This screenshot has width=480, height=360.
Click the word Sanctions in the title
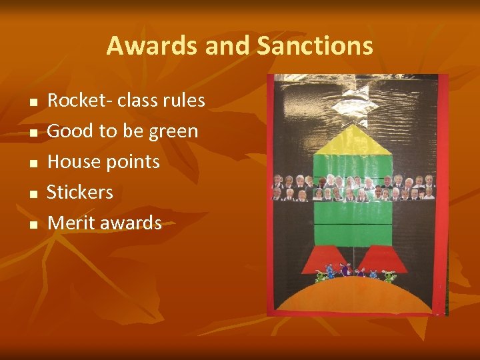[x=315, y=46]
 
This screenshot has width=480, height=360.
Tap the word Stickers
[x=80, y=192]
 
